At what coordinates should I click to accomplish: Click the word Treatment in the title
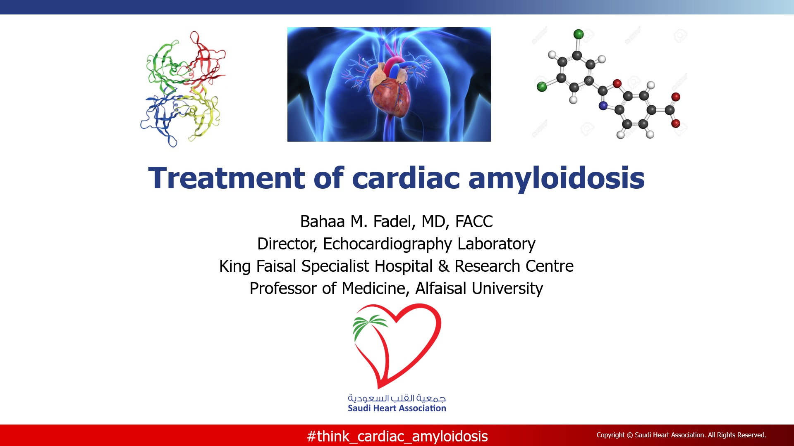[x=226, y=178]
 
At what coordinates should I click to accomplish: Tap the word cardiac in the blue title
[x=406, y=178]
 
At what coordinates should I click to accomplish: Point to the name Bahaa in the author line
[x=323, y=222]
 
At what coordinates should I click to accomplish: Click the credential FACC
[x=474, y=222]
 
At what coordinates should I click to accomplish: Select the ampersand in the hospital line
[x=443, y=266]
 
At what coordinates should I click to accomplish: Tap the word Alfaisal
[x=441, y=288]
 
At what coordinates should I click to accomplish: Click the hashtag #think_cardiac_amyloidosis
[x=397, y=437]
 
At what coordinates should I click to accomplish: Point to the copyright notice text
[x=681, y=435]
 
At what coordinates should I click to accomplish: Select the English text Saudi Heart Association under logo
[x=397, y=408]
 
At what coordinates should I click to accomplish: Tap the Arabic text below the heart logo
[x=397, y=398]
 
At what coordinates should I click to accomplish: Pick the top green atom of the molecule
[x=579, y=34]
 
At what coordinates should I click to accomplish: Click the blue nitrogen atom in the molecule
[x=603, y=106]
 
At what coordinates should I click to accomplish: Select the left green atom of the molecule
[x=542, y=87]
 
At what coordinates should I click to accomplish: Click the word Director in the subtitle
[x=287, y=244]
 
